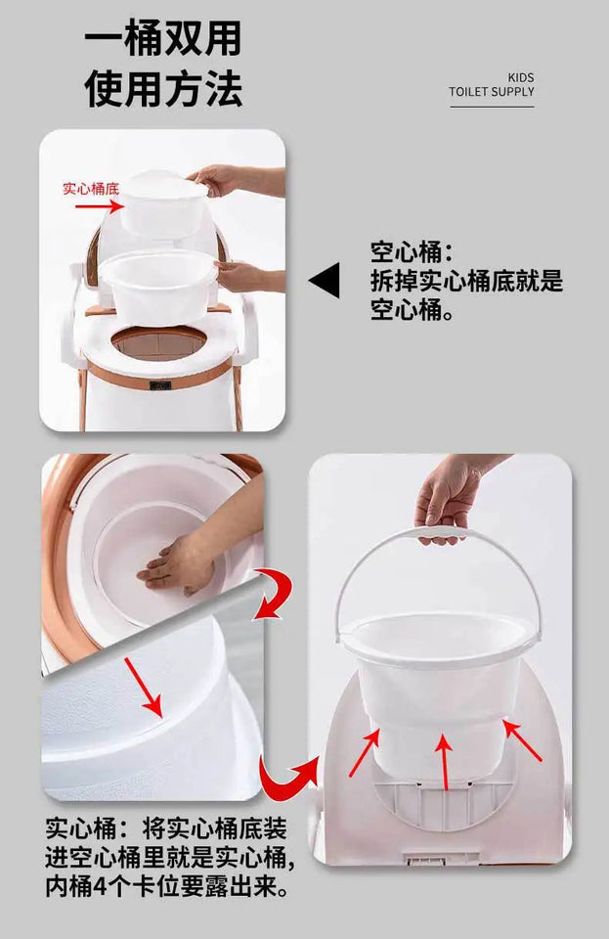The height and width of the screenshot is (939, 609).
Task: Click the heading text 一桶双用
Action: [x=162, y=39]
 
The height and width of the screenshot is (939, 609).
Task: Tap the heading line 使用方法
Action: [x=162, y=89]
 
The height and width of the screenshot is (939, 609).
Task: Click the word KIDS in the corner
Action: [x=521, y=77]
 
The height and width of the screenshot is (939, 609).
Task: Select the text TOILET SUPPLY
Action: [x=492, y=92]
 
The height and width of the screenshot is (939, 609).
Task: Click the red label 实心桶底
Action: [x=91, y=188]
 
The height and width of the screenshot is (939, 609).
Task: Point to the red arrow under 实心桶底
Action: [x=108, y=206]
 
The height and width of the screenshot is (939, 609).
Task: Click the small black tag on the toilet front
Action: [x=159, y=384]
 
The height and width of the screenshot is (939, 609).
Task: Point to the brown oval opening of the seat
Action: [x=159, y=342]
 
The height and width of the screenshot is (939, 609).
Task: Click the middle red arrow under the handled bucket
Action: [x=444, y=762]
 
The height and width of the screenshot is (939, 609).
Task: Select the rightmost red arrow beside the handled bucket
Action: [x=522, y=741]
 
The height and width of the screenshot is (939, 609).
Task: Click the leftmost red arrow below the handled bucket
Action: [x=367, y=751]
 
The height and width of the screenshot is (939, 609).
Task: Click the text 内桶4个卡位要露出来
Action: [x=166, y=887]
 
